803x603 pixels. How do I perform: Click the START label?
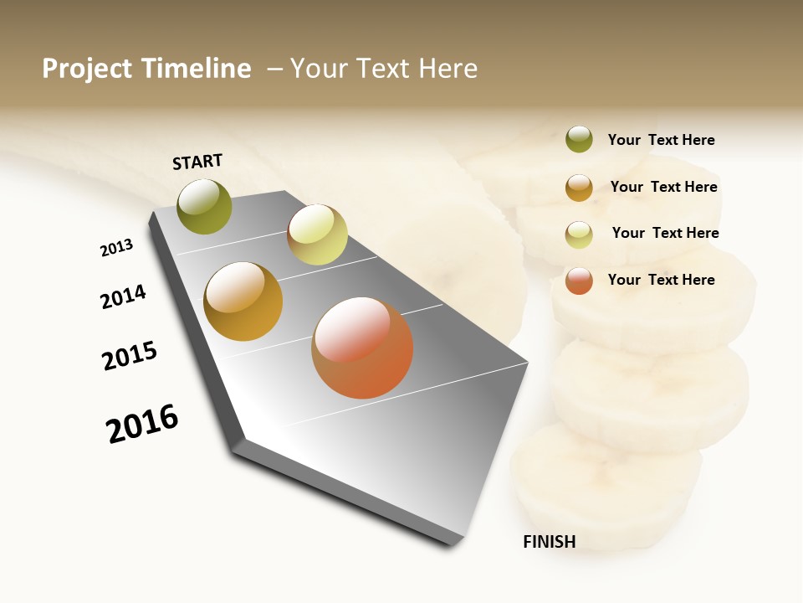[197, 162]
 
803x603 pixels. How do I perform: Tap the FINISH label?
[549, 542]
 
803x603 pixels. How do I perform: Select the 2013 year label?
[116, 248]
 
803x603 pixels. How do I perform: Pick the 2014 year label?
[123, 296]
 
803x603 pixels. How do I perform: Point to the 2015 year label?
[130, 356]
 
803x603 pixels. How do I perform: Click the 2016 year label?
[142, 424]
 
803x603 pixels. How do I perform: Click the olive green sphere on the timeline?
[205, 206]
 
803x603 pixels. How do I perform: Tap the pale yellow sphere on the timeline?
[317, 234]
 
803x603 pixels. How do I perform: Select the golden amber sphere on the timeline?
[243, 301]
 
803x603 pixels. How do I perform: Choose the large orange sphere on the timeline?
[362, 348]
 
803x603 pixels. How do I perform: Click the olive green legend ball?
[579, 140]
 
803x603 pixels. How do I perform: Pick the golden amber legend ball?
[579, 188]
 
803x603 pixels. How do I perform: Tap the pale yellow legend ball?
[579, 234]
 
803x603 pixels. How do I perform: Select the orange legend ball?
[579, 281]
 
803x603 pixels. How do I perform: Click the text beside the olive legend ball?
[661, 140]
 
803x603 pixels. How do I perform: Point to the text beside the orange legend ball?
[661, 280]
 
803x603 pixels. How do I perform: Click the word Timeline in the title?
[196, 69]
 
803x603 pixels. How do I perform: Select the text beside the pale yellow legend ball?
[665, 233]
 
